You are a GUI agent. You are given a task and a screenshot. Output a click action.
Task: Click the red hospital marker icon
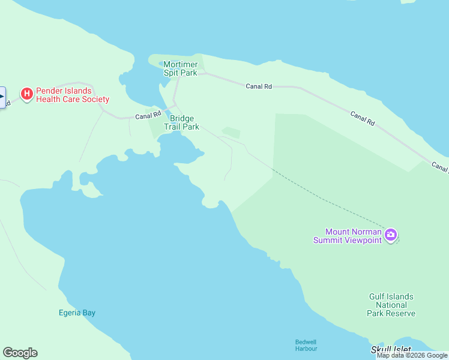coord(26,94)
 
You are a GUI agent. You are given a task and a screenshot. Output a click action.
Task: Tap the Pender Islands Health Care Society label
coord(72,95)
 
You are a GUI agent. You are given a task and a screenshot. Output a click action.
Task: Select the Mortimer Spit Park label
coord(180,68)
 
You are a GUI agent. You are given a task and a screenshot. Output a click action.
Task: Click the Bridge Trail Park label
coord(181,123)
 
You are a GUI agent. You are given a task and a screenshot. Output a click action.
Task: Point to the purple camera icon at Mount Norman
coord(391,235)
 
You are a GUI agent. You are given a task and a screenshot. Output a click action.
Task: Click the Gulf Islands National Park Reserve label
coord(391,305)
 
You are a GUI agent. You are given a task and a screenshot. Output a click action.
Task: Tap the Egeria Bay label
coord(77,313)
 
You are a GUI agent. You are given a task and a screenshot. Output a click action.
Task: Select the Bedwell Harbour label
coord(306,345)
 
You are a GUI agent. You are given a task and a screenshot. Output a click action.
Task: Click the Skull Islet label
coord(391,349)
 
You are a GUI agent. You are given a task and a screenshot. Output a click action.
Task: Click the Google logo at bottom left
coord(20,353)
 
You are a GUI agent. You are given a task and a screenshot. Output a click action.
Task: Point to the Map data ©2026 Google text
coord(412,356)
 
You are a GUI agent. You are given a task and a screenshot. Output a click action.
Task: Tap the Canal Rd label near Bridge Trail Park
coord(148,116)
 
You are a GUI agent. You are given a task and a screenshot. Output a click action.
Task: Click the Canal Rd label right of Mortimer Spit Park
coord(259,86)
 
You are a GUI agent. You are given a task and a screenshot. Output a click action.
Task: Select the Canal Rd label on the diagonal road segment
coord(363,118)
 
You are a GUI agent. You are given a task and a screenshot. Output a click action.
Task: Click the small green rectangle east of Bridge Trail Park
coord(231,133)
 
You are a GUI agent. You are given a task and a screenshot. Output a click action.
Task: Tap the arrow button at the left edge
coord(2,97)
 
